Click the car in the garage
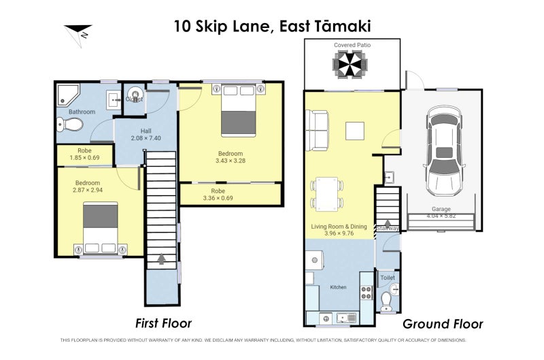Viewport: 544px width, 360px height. point(445,152)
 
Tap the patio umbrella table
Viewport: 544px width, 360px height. point(352,66)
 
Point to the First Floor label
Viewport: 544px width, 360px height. point(163,323)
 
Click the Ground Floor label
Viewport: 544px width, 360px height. point(443,324)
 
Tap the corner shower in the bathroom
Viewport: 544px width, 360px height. point(68,96)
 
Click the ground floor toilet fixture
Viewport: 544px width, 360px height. point(387,298)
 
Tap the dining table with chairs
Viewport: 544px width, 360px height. point(326,193)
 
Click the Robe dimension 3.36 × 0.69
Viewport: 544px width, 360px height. point(218,199)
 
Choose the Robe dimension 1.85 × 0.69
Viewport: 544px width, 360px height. point(84,158)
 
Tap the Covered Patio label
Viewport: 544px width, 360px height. point(352,45)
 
